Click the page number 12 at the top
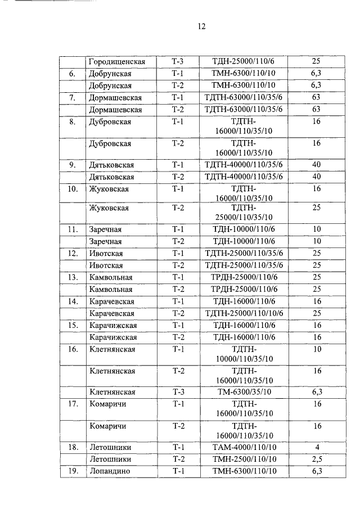coord(202,26)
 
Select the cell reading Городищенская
coord(117,61)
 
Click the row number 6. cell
coord(73,73)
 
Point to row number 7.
coord(73,97)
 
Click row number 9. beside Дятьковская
coord(73,165)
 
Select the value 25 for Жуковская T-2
coord(316,208)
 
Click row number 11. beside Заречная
coord(73,229)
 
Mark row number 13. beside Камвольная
coord(73,277)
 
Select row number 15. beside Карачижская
coord(73,325)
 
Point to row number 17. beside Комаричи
coord(73,403)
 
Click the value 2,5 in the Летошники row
coord(316,459)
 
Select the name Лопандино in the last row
coord(110,471)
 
